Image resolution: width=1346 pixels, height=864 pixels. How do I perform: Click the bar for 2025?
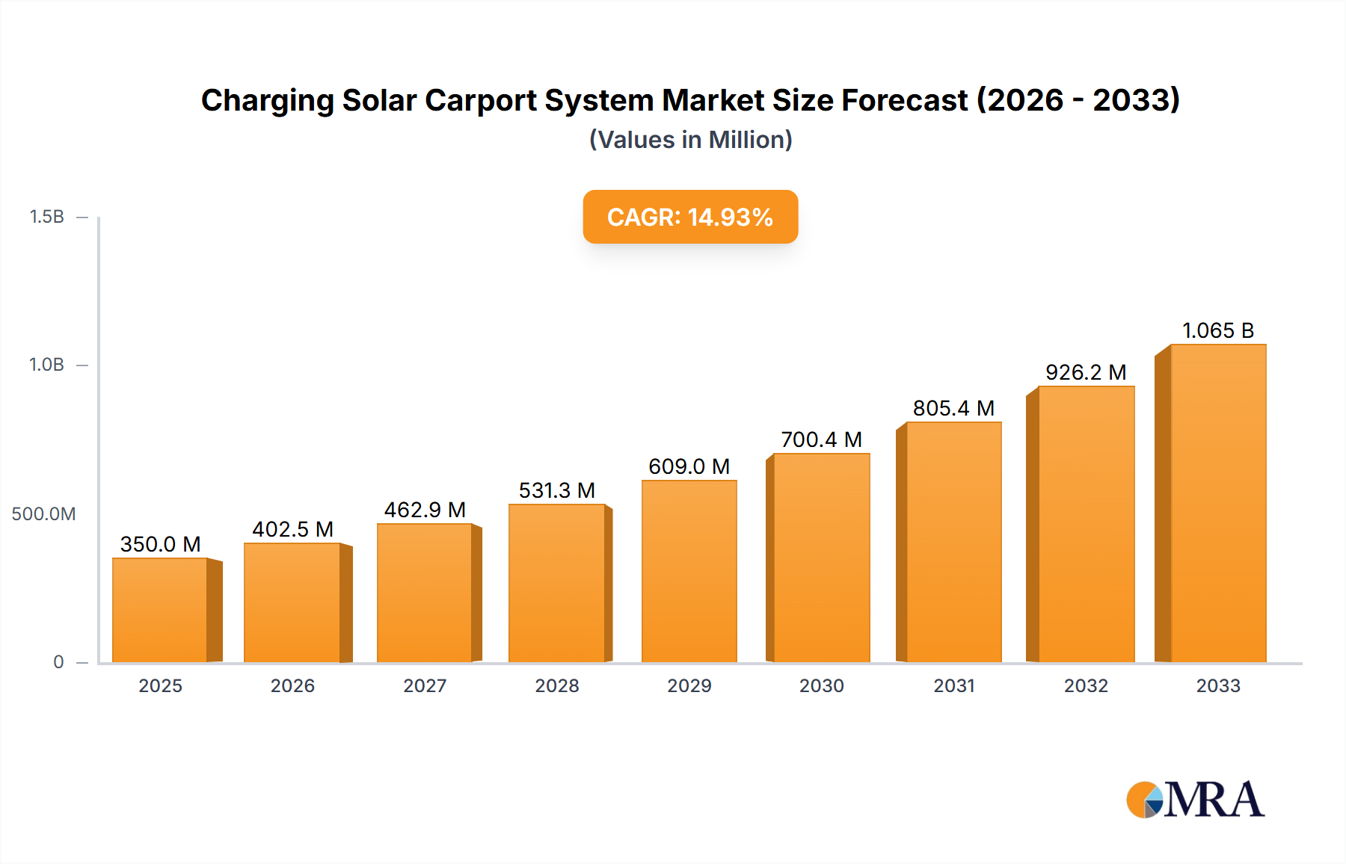160,610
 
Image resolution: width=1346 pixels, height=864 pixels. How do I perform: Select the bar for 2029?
689,571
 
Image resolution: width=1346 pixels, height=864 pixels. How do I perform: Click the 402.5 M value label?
292,529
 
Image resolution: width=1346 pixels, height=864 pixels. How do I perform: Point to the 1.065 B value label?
1217,330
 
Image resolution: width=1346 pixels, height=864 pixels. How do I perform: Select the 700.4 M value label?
821,439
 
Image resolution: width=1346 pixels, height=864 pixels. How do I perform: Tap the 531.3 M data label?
556,490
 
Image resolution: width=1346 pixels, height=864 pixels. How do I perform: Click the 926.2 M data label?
1086,372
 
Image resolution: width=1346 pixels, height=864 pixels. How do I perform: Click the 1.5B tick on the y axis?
46,217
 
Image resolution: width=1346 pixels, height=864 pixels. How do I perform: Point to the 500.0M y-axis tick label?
43,514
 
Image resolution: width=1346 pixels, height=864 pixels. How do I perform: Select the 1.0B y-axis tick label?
46,365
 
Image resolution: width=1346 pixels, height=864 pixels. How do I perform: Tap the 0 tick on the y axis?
58,662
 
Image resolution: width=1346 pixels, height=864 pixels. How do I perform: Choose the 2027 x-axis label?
425,686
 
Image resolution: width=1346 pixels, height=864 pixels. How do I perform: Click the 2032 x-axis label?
1086,686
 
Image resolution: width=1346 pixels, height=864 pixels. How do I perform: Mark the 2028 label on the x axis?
557,686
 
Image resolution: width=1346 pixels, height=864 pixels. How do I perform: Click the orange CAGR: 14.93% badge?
690,217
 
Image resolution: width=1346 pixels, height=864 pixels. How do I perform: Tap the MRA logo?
1195,800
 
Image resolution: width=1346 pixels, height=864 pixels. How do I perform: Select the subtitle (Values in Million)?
690,140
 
